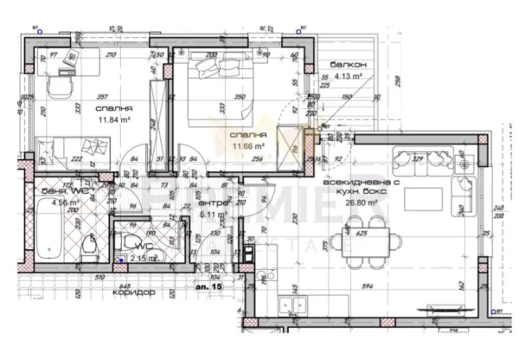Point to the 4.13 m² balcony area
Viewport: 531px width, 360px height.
click(350, 78)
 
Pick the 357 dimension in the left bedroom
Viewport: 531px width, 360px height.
click(102, 97)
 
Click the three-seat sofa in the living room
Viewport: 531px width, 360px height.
click(425, 159)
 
